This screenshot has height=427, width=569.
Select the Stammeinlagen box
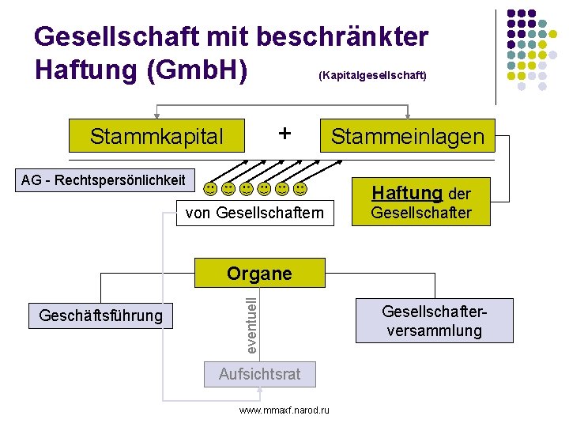tap(408, 136)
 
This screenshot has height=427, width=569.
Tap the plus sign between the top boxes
tap(284, 133)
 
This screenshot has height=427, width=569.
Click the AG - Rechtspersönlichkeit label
tap(104, 179)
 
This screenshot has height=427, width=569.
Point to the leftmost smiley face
tap(210, 189)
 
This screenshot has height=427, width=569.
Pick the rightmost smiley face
tap(300, 189)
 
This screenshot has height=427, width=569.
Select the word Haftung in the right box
tap(407, 193)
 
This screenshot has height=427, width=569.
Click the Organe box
tap(259, 274)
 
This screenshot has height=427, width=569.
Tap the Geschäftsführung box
tap(100, 316)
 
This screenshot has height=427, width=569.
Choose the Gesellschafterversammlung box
tap(434, 320)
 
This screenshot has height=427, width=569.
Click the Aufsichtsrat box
tap(259, 374)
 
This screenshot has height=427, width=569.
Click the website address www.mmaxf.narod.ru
tap(284, 410)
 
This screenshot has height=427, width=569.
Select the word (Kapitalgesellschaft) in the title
tap(372, 76)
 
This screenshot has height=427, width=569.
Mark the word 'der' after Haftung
tap(459, 194)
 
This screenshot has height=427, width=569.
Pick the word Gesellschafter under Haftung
tap(421, 213)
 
